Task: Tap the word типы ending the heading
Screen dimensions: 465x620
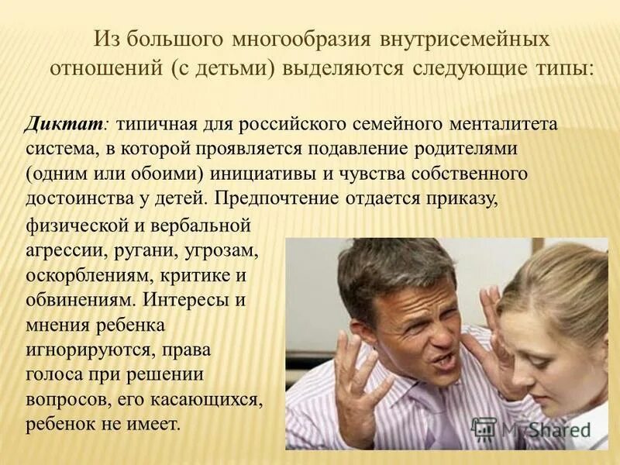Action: pos(563,67)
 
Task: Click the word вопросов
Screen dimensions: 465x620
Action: pos(64,399)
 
